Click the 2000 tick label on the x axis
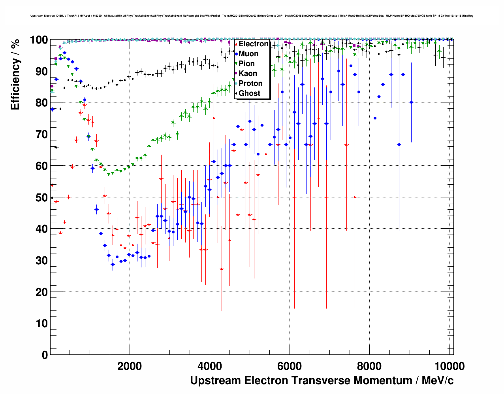click(130, 366)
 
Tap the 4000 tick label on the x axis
click(210, 366)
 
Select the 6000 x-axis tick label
click(290, 366)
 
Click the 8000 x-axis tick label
click(370, 366)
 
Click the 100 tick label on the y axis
click(39, 40)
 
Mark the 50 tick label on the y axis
click(42, 197)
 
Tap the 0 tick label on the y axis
click(45, 355)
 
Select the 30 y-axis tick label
click(42, 260)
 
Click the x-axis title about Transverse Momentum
click(322, 381)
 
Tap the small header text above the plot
click(252, 16)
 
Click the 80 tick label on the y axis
click(42, 103)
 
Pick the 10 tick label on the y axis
click(42, 323)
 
